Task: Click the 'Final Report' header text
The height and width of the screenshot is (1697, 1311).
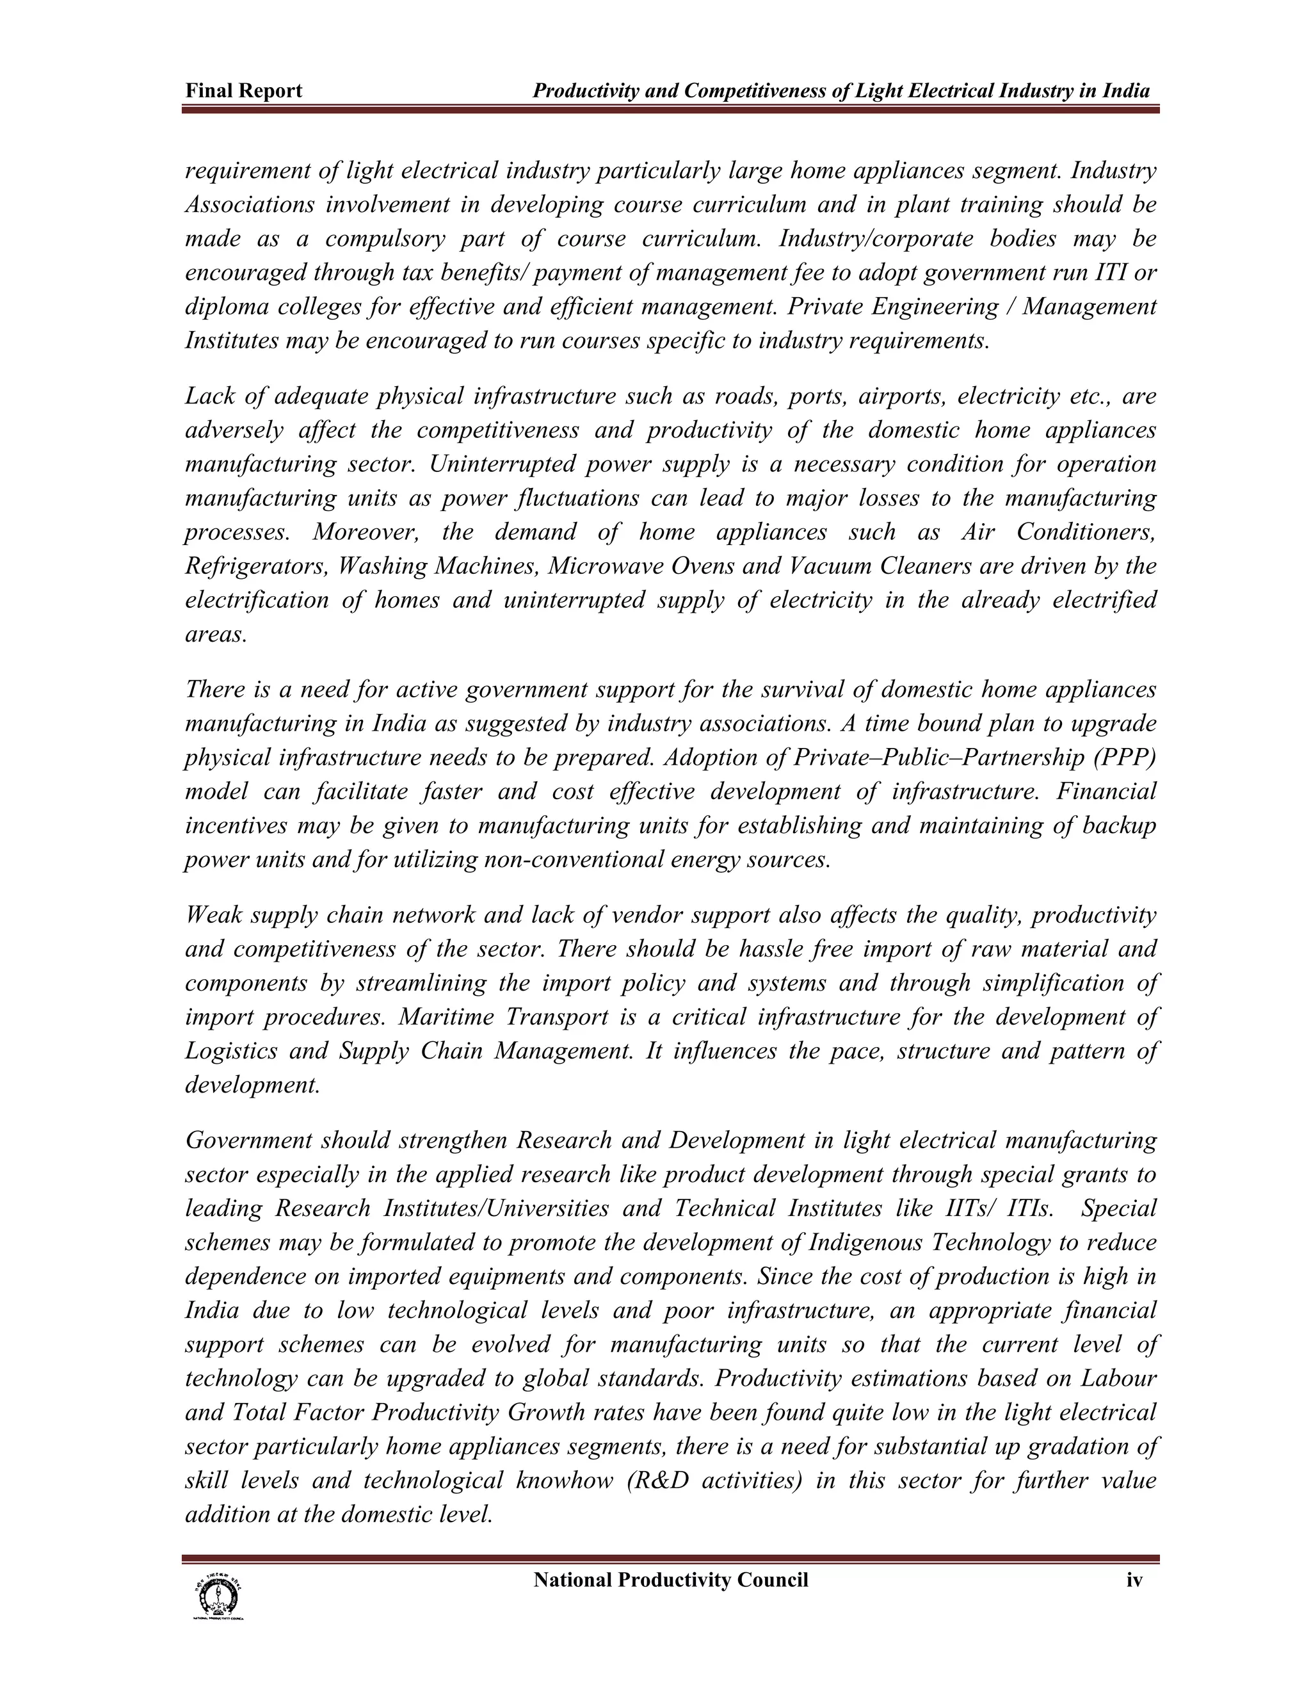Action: pos(243,92)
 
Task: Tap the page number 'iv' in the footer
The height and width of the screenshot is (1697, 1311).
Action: pos(1135,1580)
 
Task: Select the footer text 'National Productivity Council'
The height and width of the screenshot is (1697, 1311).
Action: pos(671,1580)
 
